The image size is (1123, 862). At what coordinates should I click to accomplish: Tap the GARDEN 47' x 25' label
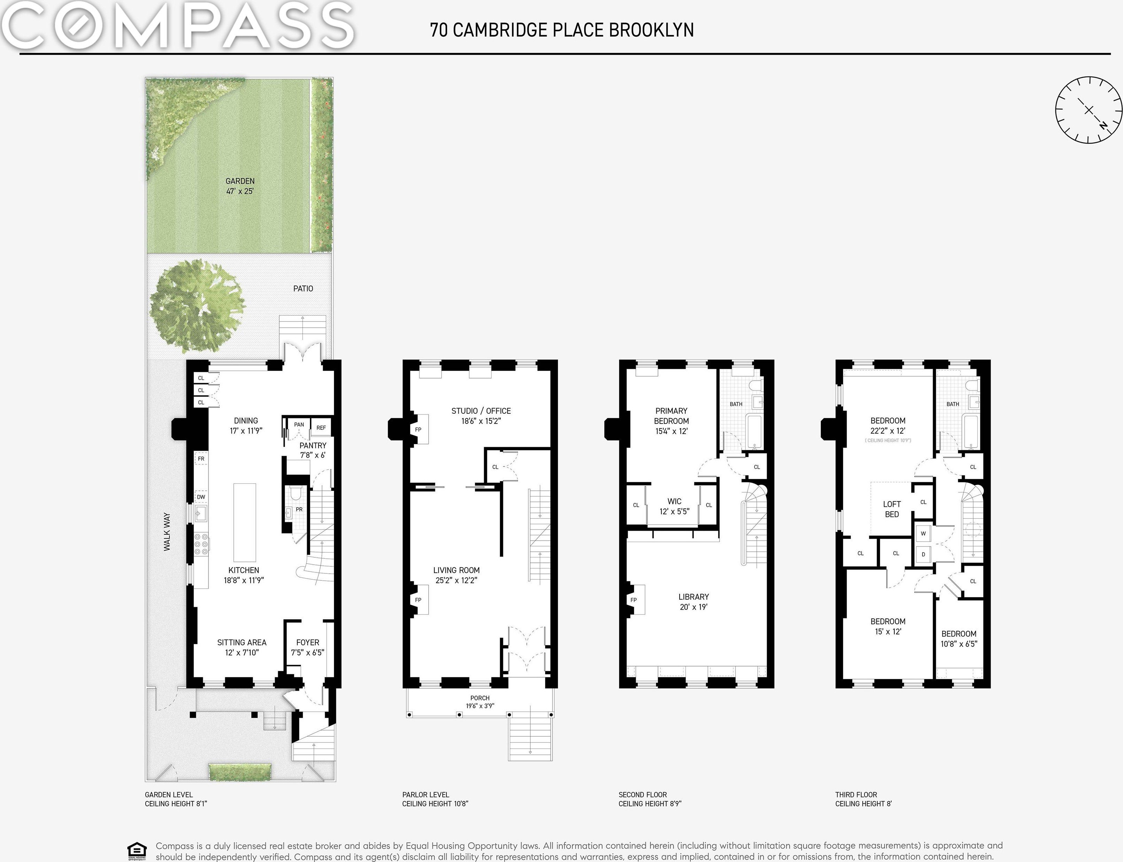coord(240,186)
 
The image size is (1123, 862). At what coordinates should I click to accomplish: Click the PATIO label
coord(303,288)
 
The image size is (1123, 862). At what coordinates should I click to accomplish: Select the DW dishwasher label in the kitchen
coord(201,497)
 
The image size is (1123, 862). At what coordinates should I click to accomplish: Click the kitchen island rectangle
coord(245,522)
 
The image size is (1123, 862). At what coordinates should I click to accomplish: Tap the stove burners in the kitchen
coord(201,544)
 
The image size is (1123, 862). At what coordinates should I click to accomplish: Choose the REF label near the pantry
coord(321,427)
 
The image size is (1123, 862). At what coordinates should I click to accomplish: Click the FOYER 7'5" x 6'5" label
coord(308,648)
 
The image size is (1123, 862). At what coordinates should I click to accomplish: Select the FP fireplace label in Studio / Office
coord(418,429)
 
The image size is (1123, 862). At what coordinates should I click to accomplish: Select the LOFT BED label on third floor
coord(892,509)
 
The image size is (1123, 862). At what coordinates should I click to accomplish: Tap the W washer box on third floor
coord(923,533)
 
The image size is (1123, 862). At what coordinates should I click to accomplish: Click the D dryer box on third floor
coord(923,554)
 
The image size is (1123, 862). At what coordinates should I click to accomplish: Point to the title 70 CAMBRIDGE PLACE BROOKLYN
coord(562,30)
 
